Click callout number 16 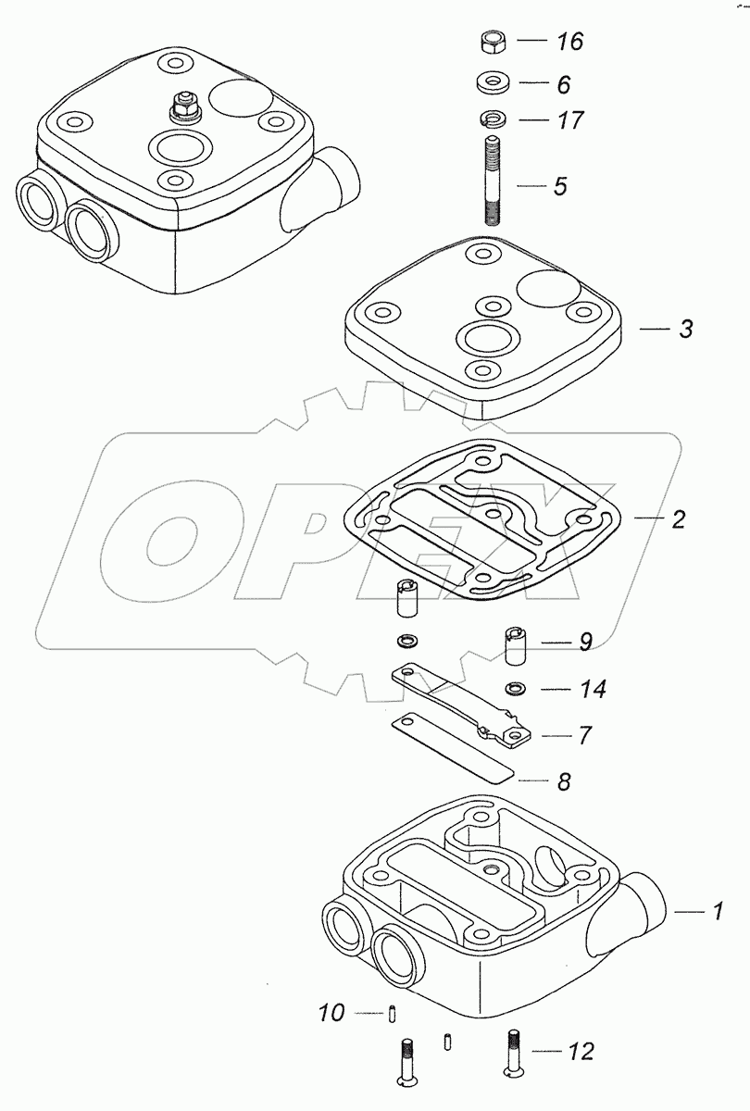pos(569,43)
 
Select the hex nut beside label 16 pos(494,43)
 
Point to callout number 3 pos(685,329)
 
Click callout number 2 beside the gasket pos(678,518)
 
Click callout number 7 pos(584,736)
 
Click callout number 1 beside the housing pos(716,912)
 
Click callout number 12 pos(580,1052)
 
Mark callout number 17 pos(569,120)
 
